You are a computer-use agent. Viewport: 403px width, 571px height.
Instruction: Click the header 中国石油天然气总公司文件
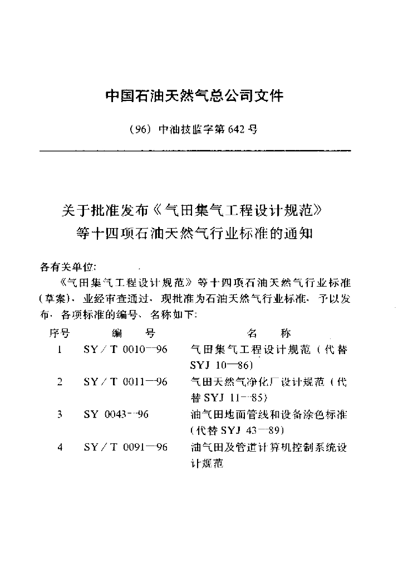pyautogui.click(x=194, y=96)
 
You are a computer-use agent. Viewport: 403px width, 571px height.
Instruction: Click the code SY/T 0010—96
pyautogui.click(x=125, y=350)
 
